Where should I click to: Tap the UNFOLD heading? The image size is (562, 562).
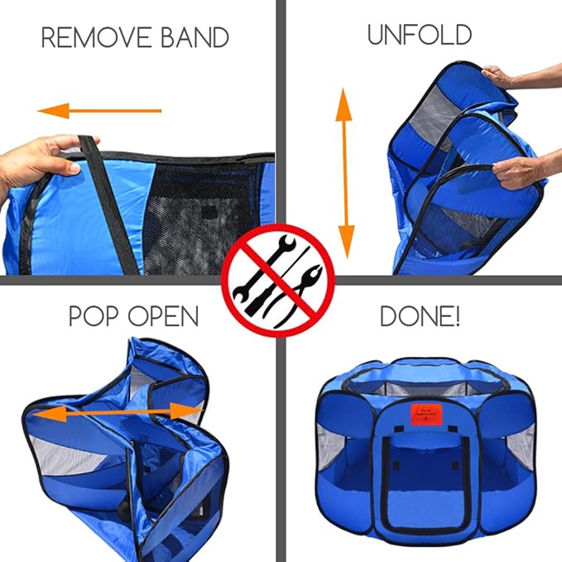pos(419,35)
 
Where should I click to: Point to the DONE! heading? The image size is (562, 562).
pos(420,316)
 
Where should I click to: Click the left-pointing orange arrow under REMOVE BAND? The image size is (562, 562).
pos(99,109)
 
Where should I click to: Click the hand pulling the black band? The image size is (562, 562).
pos(41,161)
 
